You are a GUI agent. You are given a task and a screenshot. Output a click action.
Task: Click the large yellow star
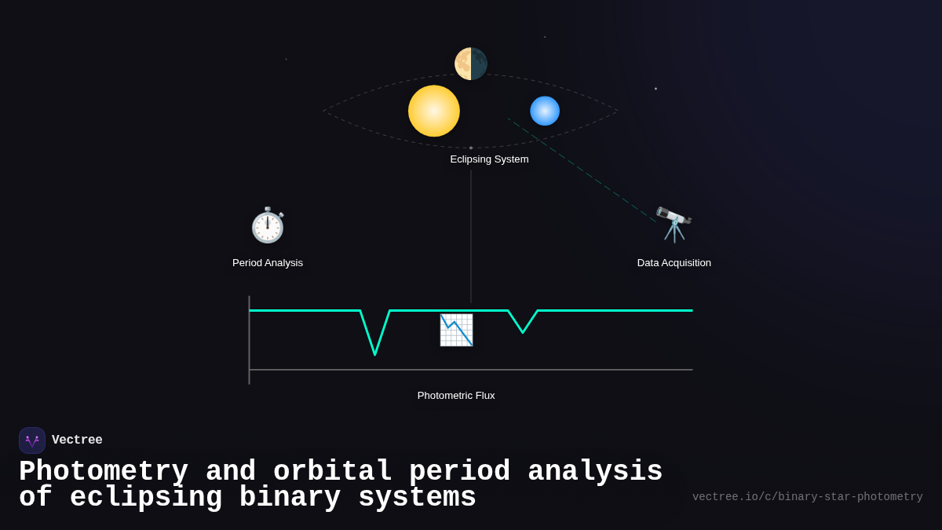[434, 111]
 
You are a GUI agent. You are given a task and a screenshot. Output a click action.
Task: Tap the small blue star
[545, 111]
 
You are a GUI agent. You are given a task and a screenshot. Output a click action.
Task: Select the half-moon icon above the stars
[471, 64]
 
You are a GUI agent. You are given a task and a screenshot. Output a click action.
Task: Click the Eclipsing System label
[489, 159]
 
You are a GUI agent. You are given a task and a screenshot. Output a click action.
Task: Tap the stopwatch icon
[268, 225]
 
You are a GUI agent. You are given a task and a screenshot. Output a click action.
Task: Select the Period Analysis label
[268, 263]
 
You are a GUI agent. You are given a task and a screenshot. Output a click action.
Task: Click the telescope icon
[674, 225]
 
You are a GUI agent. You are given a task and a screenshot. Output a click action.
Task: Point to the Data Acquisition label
[674, 263]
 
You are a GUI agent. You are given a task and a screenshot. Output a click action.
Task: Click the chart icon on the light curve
[456, 330]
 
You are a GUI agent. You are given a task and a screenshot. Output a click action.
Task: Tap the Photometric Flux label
[456, 396]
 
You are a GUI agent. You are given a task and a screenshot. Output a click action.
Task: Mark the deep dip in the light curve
[375, 352]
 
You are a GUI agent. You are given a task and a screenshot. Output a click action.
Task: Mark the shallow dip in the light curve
[523, 331]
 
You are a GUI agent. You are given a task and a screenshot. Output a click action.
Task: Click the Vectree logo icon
[32, 440]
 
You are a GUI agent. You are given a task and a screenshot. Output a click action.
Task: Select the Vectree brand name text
[77, 440]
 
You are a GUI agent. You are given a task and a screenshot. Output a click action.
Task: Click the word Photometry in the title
[104, 472]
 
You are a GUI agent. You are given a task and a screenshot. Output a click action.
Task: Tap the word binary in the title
[290, 498]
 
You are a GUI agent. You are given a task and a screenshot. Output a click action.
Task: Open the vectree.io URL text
[807, 497]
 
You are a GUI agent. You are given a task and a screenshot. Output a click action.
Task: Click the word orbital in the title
[332, 472]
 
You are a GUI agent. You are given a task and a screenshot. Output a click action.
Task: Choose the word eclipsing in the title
[146, 498]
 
